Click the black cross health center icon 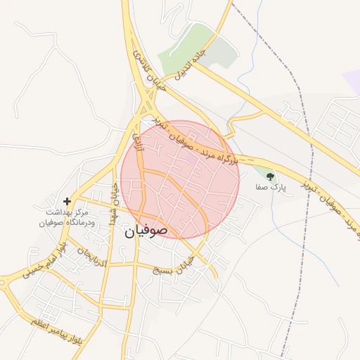[x=67, y=201]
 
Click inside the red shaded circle [x=179, y=183]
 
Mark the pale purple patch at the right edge [x=352, y=81]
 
